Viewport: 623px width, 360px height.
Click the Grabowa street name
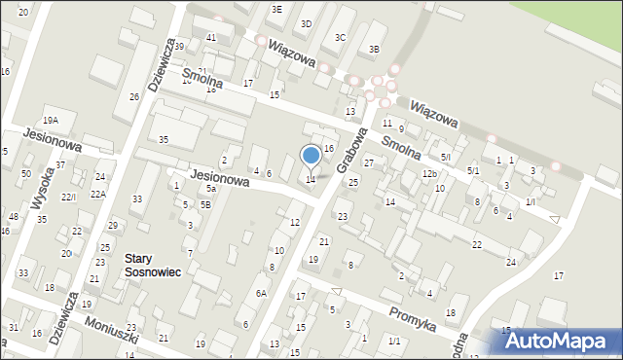353,150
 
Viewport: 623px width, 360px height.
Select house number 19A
51,120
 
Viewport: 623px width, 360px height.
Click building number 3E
277,9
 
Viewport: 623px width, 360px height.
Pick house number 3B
375,49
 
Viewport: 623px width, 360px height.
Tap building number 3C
340,37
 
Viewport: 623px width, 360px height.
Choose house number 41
211,37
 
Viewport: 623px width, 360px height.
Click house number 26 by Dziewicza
134,96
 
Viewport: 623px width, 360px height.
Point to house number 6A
261,293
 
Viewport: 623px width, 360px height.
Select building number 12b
429,173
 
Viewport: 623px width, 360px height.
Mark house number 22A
98,194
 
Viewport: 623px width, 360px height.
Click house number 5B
205,204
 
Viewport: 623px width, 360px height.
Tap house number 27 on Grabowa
369,163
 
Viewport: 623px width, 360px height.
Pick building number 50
25,173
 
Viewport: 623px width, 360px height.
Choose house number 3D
306,23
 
